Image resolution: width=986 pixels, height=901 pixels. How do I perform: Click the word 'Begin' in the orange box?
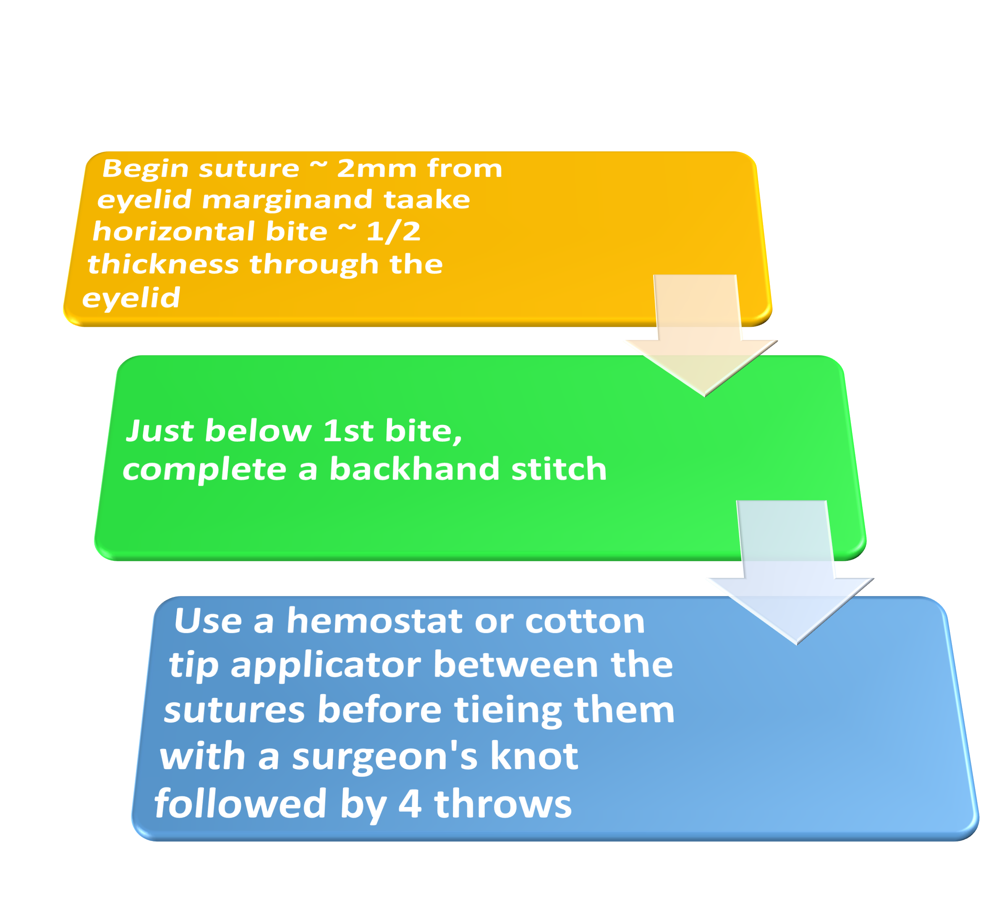point(145,169)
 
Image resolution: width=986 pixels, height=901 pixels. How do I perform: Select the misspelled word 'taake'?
point(426,200)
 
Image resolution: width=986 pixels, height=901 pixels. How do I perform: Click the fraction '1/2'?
point(393,232)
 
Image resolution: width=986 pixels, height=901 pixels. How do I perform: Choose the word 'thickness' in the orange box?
point(163,265)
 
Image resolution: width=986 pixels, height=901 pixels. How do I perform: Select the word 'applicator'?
point(325,666)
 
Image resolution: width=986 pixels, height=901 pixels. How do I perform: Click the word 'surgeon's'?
point(384,756)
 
